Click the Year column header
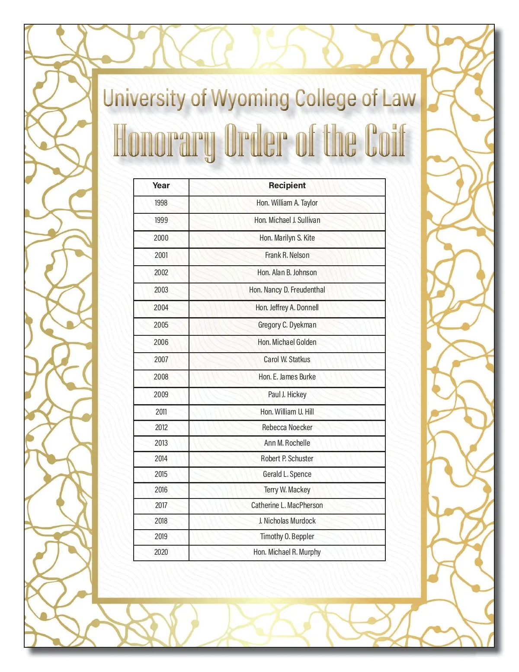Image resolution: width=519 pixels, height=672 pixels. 161,186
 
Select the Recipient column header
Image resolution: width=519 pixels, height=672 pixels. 287,186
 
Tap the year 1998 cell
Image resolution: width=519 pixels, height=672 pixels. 161,203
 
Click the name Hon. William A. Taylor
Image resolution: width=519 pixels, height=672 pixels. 287,203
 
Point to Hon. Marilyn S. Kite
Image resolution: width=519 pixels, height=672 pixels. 287,238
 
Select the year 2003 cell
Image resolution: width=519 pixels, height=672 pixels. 161,290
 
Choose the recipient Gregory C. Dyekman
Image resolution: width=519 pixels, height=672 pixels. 287,325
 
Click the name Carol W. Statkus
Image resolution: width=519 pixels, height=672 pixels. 287,360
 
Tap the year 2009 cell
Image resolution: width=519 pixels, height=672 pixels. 161,395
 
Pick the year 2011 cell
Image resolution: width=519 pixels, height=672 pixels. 161,412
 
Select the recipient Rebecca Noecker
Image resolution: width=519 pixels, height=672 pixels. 287,428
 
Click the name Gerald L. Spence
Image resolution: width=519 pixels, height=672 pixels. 287,474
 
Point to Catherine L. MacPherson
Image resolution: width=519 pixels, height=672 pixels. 287,505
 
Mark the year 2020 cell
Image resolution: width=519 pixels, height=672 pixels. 161,552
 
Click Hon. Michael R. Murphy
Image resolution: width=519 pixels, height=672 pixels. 287,552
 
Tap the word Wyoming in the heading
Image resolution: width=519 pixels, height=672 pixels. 250,99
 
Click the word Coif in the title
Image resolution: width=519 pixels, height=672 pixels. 385,141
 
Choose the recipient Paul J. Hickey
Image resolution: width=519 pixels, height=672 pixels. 287,395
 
